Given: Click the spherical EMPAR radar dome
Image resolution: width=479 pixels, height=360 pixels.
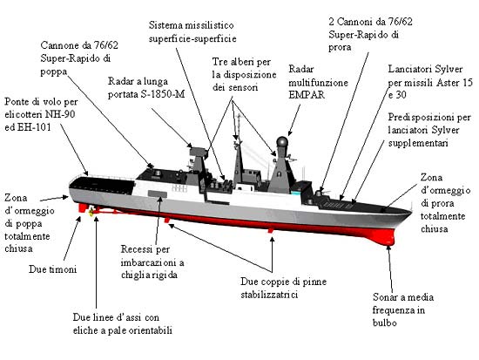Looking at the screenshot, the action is [282, 143].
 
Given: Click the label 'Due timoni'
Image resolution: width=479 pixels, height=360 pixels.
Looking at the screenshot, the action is [52, 269].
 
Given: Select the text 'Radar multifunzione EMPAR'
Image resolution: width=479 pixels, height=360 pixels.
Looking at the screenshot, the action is [318, 82].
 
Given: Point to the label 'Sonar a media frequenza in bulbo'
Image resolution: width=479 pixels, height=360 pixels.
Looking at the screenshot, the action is [403, 309].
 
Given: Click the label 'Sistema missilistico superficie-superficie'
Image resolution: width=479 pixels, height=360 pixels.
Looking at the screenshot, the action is [192, 31].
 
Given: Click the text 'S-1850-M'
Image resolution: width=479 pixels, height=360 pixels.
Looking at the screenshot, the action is [163, 94].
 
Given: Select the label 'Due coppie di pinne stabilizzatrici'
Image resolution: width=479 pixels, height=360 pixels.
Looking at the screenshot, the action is [284, 288].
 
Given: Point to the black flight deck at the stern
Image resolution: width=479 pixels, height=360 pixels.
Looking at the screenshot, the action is [102, 184].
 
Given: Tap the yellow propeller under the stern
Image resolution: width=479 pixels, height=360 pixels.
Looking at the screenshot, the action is [91, 212].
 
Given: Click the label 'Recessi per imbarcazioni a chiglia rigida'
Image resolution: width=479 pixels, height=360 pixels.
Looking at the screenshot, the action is [152, 262].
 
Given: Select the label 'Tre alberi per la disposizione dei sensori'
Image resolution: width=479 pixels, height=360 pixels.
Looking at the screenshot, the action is [245, 74].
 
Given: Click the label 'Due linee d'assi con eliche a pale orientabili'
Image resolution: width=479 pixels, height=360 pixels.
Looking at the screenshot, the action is [122, 324].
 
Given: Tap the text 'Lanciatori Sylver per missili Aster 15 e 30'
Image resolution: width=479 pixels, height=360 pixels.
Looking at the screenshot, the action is [430, 82].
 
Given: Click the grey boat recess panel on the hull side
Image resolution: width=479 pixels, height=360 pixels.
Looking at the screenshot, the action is [158, 194].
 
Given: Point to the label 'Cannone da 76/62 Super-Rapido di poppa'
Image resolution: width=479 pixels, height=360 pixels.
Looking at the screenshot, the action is [79, 58].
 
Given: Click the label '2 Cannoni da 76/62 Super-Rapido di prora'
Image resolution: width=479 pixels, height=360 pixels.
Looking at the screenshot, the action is [370, 34].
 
